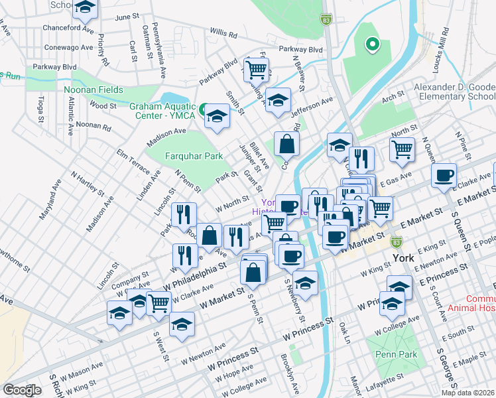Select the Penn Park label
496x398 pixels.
tap(395, 354)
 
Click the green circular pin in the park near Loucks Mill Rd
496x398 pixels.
tap(373, 45)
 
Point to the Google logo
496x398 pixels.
tap(22, 390)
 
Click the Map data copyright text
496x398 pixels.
tap(467, 393)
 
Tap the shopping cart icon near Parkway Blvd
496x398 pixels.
tap(256, 68)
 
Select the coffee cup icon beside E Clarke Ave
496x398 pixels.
tap(444, 176)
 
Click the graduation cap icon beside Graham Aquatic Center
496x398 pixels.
tap(216, 117)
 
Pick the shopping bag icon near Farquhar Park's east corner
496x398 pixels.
tap(286, 143)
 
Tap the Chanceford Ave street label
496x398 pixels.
tap(68, 29)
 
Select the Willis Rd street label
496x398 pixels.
tap(223, 33)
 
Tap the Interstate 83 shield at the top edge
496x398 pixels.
tap(326, 20)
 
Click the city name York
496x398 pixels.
tap(403, 257)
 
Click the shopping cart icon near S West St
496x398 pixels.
tap(158, 302)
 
